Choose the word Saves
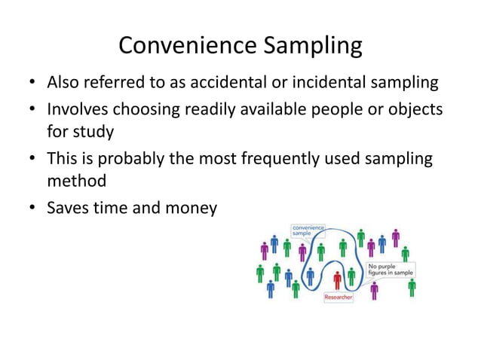(67, 207)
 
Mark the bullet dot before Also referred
(33, 82)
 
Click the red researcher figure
(337, 279)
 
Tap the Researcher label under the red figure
(339, 297)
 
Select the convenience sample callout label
(308, 230)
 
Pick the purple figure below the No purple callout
(374, 291)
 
